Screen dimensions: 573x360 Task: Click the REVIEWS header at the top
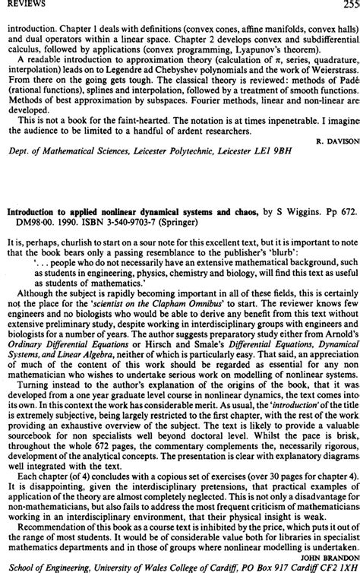17,4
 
